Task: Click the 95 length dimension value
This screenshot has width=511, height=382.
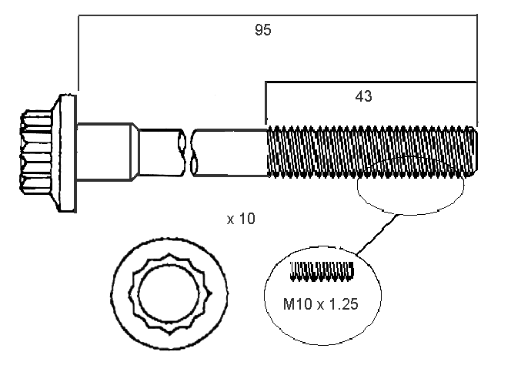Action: click(263, 30)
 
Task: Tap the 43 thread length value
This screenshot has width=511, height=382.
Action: click(364, 96)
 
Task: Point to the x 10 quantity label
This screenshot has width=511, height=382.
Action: click(241, 219)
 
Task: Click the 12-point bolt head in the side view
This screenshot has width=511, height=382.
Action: click(35, 152)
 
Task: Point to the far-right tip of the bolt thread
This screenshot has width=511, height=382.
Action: click(476, 153)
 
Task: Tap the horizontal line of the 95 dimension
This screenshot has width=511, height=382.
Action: click(277, 13)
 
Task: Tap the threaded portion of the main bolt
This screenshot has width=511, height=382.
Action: click(369, 152)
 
